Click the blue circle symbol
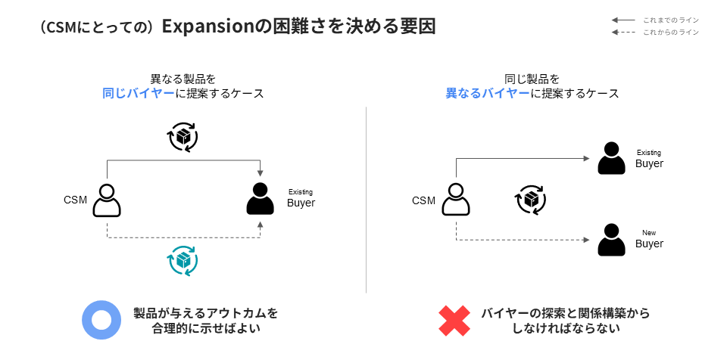coord(101,320)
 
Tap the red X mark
coord(454,321)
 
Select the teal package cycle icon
coord(183,260)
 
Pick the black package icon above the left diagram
coord(183,138)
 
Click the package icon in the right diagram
coord(531,200)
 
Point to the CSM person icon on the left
coord(107,200)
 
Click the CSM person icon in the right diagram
coord(455,200)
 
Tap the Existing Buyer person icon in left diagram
coord(260,200)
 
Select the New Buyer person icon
coord(611,239)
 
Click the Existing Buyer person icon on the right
coord(611,159)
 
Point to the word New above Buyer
coord(649,232)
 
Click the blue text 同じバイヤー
coord(139,94)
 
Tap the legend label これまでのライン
coord(671,20)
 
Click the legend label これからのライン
coord(671,33)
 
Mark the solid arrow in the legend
coord(623,20)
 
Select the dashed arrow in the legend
coord(623,33)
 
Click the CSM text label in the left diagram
coord(76,200)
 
